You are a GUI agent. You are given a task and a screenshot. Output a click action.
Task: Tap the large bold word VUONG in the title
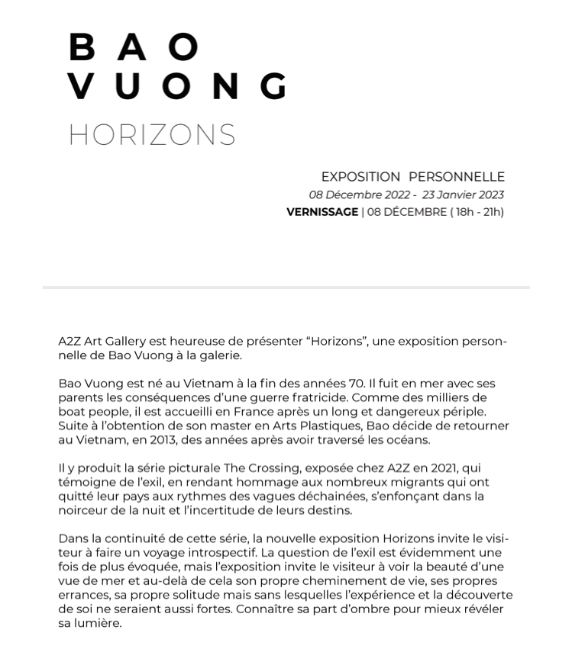click(x=177, y=86)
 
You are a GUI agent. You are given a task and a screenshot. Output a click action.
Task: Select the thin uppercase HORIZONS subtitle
click(x=152, y=135)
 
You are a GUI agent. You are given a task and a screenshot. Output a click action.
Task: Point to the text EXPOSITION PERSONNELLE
click(x=412, y=177)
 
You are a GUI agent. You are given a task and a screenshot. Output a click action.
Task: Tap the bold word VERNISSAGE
click(x=322, y=212)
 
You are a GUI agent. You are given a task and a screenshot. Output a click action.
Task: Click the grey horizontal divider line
click(x=286, y=288)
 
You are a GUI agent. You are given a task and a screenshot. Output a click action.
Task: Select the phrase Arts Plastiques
click(x=311, y=425)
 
